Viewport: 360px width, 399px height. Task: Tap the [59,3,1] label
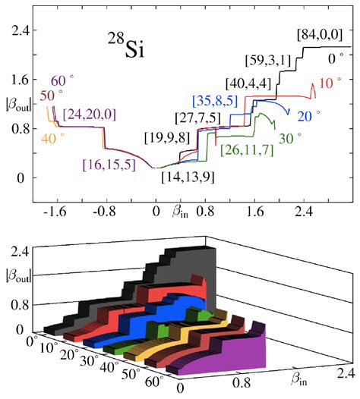[x=268, y=58]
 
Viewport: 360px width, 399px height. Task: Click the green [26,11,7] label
[x=248, y=149]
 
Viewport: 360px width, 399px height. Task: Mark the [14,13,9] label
[x=188, y=177]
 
